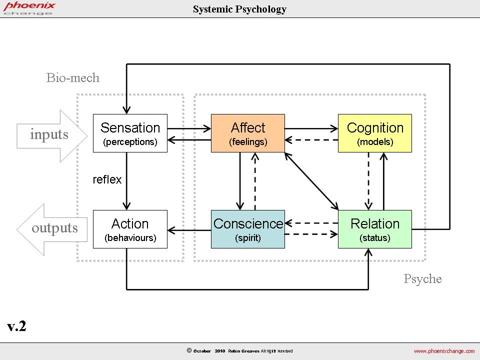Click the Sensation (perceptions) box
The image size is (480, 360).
[x=130, y=133]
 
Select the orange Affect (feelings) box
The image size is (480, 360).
[x=248, y=133]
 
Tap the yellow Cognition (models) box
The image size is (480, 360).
[x=375, y=133]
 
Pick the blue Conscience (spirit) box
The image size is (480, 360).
[x=248, y=229]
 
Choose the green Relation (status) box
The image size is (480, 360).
[x=375, y=229]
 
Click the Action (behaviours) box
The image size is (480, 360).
[x=130, y=229]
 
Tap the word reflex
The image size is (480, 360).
[x=107, y=180]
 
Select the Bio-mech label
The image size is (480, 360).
[x=73, y=78]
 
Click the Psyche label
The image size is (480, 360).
[x=422, y=279]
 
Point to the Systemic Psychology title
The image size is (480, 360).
[x=240, y=9]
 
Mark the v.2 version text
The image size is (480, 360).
[x=17, y=327]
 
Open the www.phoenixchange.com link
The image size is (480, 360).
[x=444, y=351]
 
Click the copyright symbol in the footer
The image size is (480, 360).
[x=189, y=350]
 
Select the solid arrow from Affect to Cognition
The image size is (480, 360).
[x=311, y=128]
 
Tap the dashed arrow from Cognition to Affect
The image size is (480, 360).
[x=311, y=140]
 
